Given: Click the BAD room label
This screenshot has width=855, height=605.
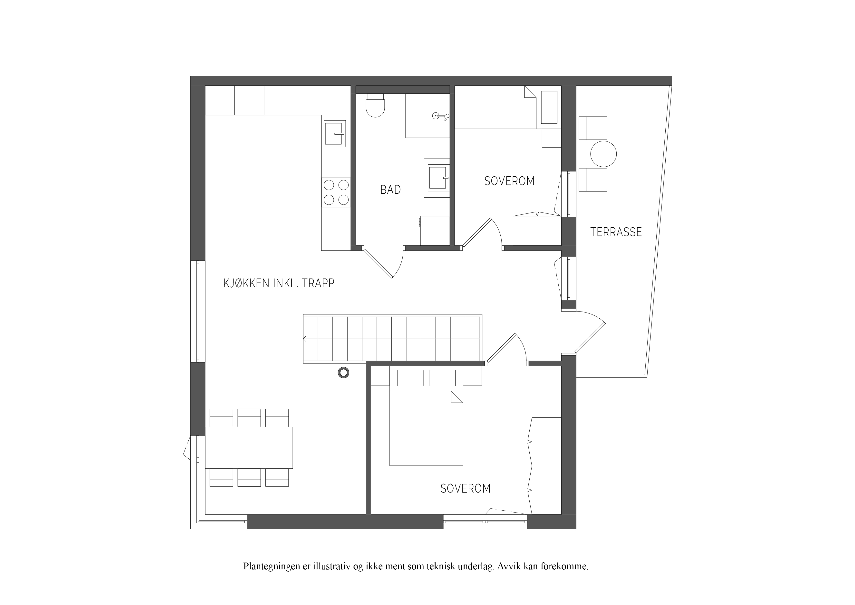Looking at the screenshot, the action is pyautogui.click(x=390, y=190).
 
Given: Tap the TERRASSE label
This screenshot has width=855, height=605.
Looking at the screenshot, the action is pyautogui.click(x=616, y=232).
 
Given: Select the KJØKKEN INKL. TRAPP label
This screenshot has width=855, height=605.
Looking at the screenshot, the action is pyautogui.click(x=279, y=283).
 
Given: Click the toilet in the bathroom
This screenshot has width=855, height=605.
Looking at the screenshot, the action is pyautogui.click(x=375, y=105).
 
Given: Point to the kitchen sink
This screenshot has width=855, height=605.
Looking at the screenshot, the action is pyautogui.click(x=334, y=133).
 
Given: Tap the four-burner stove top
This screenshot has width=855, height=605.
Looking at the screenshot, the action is pyautogui.click(x=336, y=192).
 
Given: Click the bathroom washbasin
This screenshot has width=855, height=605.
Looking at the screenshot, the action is pyautogui.click(x=437, y=178).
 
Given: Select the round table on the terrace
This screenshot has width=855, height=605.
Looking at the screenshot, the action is pyautogui.click(x=603, y=154).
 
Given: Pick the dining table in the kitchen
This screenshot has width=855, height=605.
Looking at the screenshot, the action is pyautogui.click(x=249, y=448).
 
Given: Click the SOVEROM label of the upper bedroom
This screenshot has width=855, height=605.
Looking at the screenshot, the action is pyautogui.click(x=509, y=181).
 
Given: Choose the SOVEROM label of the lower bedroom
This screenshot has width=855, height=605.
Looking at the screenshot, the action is pyautogui.click(x=466, y=488).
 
